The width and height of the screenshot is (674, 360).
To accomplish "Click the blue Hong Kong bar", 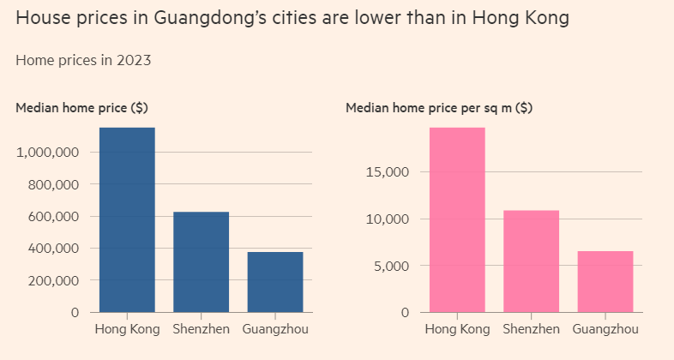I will (x=127, y=219).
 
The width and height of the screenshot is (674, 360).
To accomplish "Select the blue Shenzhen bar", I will (x=201, y=261).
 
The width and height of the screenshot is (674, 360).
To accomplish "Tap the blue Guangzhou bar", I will (x=274, y=282).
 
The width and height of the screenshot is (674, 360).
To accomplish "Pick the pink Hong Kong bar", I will (x=457, y=219).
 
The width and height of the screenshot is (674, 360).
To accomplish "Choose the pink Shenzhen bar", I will (x=531, y=261).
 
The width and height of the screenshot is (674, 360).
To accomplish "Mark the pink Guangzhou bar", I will (x=605, y=281).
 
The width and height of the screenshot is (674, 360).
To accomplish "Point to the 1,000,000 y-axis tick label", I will (x=48, y=153).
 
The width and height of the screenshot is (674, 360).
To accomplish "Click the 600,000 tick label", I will (x=52, y=217).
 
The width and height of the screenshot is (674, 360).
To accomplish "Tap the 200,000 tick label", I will (x=52, y=281).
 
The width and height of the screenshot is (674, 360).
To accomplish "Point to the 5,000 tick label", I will (x=391, y=266).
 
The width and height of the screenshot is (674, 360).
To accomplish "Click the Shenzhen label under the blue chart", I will (x=201, y=329).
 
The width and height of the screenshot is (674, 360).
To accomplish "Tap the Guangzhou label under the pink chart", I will (x=605, y=329).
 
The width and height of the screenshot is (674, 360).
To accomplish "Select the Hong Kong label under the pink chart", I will (x=457, y=329).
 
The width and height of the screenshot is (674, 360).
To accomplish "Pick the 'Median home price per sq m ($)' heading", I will (x=438, y=108).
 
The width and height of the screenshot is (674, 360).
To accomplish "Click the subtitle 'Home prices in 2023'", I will (x=84, y=60).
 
